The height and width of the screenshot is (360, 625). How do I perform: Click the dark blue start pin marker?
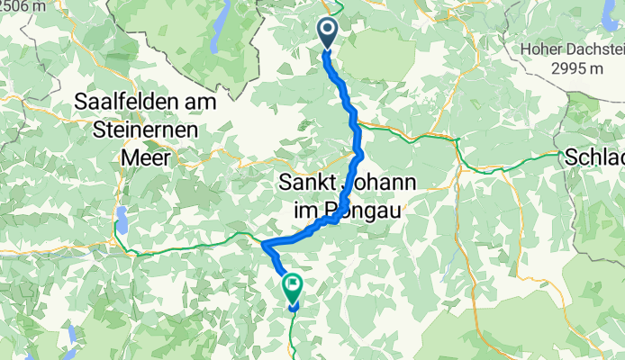tap(326, 33)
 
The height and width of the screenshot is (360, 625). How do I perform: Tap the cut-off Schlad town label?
tap(594, 157)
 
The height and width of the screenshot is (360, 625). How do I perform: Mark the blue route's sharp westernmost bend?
tap(263, 244)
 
